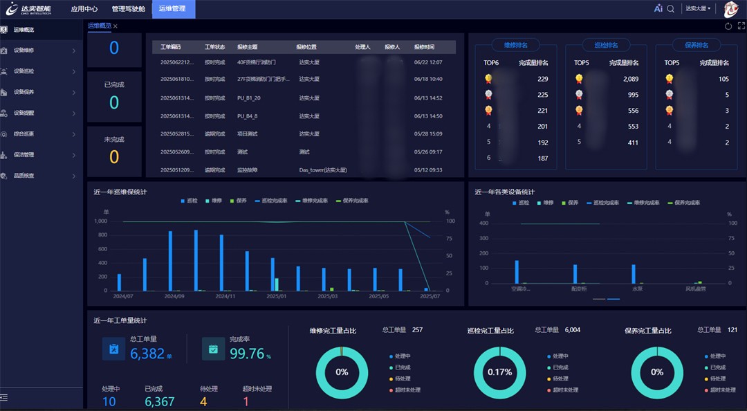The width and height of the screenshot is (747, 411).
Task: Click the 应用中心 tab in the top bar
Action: (84, 9)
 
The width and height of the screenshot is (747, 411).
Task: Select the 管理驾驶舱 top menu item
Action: (128, 9)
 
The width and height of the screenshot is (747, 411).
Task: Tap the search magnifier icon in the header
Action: (670, 9)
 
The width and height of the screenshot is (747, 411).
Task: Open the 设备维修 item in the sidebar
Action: (24, 51)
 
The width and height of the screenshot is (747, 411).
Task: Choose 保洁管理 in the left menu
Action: (24, 155)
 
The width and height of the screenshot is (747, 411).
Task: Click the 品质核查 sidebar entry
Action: (24, 176)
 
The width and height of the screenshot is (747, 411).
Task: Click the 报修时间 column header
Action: (424, 47)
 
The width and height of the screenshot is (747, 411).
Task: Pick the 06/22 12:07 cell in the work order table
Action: (428, 62)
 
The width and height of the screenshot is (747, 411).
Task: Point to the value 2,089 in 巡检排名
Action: (630, 79)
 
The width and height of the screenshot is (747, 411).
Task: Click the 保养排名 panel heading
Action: (697, 45)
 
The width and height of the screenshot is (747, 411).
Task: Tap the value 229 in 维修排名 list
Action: (542, 79)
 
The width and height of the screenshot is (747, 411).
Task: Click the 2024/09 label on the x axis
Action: (174, 296)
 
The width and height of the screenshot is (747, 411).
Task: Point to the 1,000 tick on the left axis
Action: (100, 221)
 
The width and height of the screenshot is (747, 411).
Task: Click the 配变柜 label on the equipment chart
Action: (579, 289)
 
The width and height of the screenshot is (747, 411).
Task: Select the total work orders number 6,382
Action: (147, 354)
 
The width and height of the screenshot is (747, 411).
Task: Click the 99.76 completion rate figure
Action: (247, 354)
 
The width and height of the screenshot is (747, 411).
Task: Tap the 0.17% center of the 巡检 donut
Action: (499, 372)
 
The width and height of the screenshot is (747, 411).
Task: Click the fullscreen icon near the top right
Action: (741, 26)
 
